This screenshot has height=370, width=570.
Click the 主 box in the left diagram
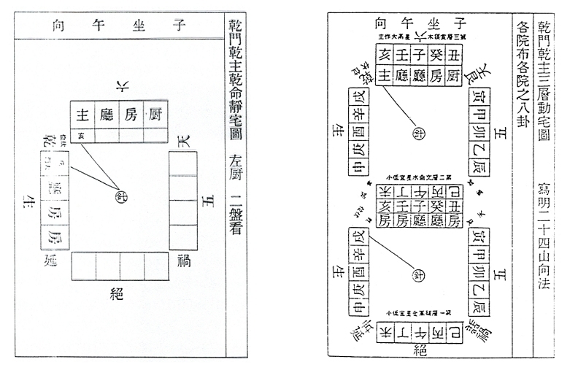tap(84, 114)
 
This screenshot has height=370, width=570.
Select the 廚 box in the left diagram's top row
tap(155, 114)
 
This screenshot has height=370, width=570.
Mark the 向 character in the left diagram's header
tap(59, 24)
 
